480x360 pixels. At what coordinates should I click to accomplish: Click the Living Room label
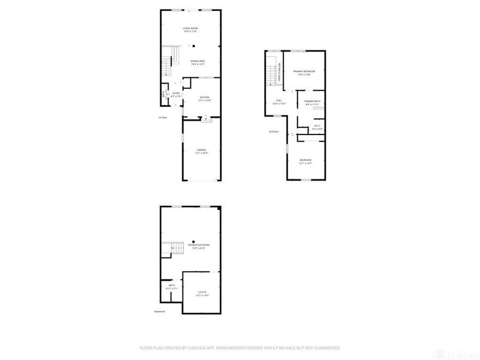point(190,28)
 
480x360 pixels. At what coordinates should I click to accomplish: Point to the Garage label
point(201,150)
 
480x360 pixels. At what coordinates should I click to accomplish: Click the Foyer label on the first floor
point(176,94)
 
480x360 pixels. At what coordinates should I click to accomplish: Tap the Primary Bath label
point(313,101)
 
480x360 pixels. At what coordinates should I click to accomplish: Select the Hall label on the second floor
point(279,101)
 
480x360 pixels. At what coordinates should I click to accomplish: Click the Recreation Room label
point(199,245)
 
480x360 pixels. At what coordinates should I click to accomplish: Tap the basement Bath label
point(172,286)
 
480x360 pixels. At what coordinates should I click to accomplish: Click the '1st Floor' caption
point(162,117)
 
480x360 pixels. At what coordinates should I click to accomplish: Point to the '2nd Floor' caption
point(274,131)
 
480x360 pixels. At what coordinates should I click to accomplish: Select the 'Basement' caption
point(159,311)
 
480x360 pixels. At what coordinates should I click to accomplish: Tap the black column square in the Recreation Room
point(193,241)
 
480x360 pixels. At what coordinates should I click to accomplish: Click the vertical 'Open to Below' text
point(280,75)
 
